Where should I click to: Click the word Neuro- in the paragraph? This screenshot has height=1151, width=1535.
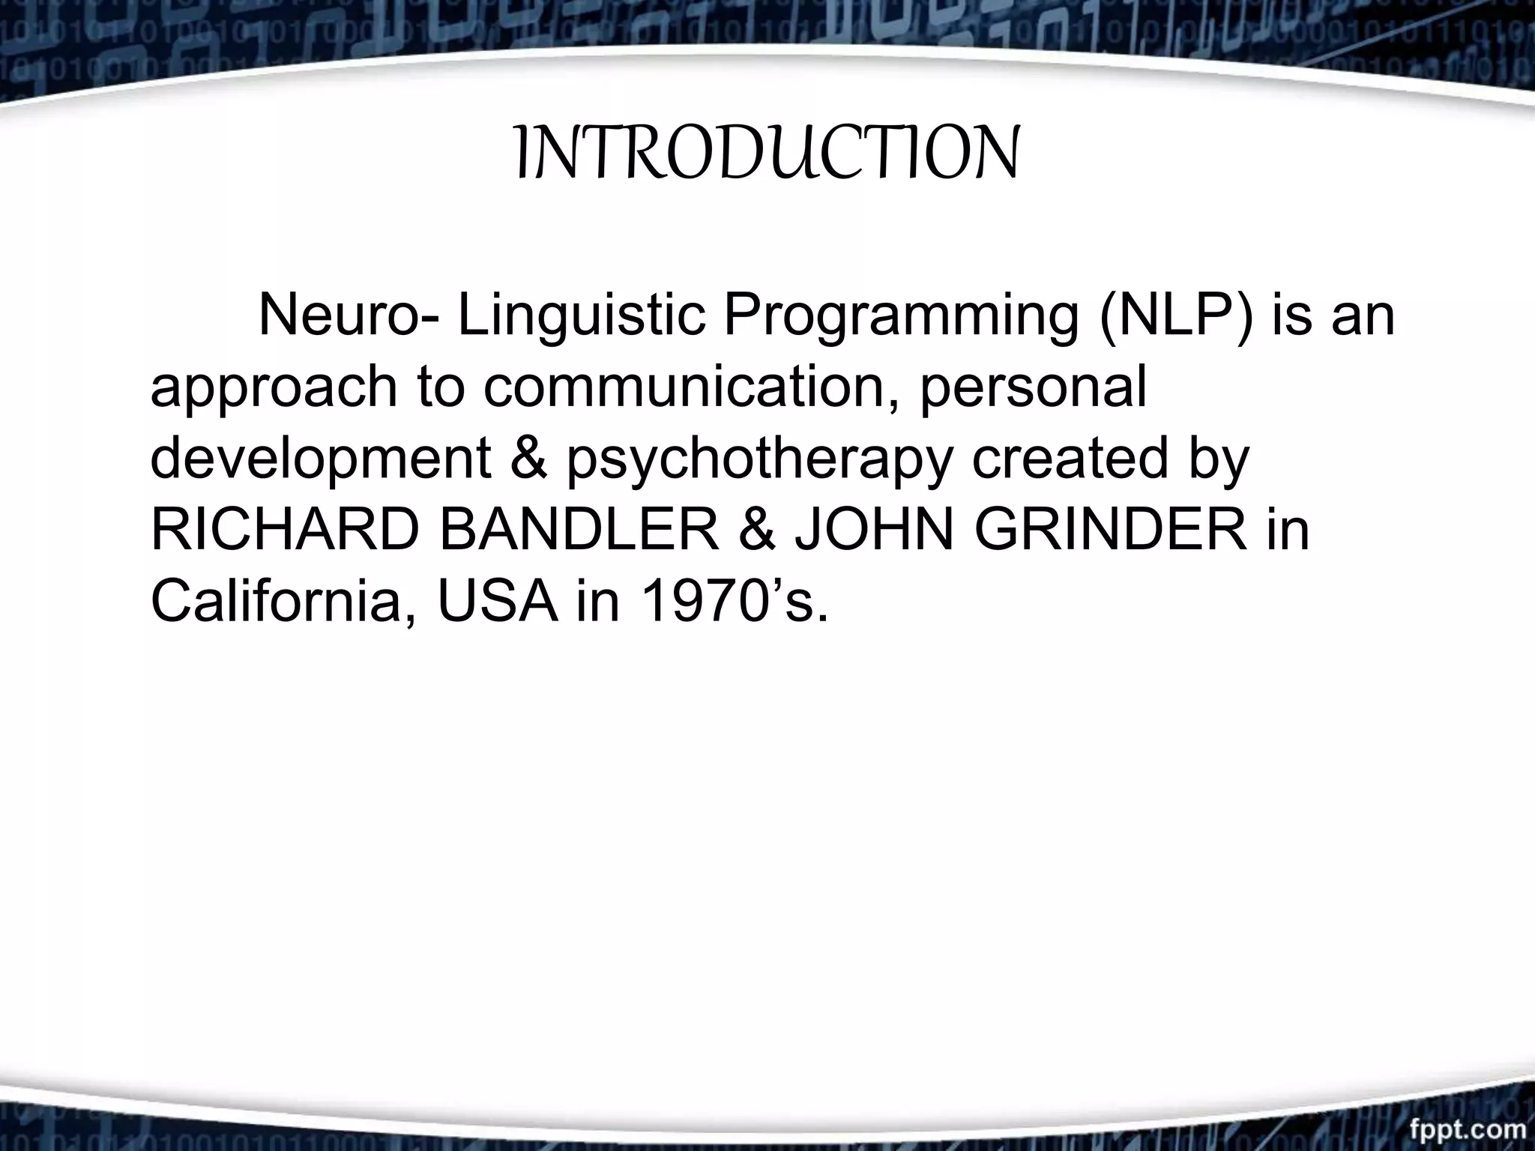pyautogui.click(x=349, y=315)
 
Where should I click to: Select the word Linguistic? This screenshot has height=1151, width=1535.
pyautogui.click(x=582, y=315)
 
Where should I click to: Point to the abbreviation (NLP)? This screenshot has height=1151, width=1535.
pyautogui.click(x=1177, y=317)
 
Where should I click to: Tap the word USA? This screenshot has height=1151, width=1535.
pyautogui.click(x=498, y=602)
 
